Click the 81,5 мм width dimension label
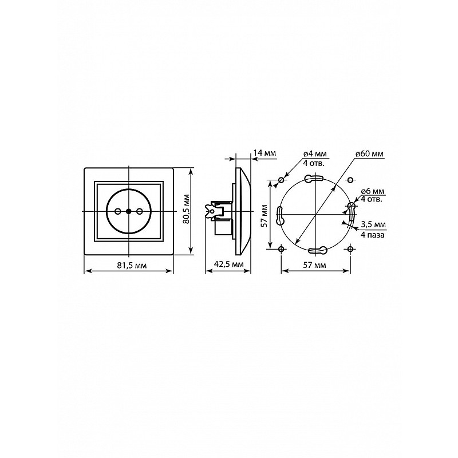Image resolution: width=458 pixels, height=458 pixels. pos(132,265)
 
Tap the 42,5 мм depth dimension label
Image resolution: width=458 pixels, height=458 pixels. pos(228,264)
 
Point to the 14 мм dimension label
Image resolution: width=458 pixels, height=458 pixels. pos(264,153)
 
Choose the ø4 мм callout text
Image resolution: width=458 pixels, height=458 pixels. pos(315,154)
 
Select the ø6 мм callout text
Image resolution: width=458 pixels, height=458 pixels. pos(373,192)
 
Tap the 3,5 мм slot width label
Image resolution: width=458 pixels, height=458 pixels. pos(373,224)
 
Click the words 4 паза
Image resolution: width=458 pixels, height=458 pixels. pos(373,235)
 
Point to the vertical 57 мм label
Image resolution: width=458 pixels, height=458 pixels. pos(264,216)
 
